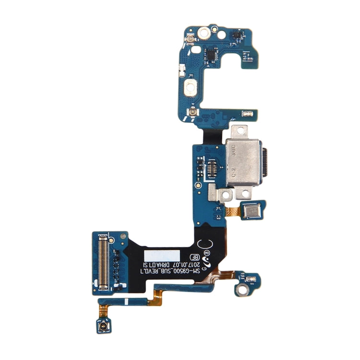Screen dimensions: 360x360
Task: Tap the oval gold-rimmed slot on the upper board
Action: click(x=192, y=88)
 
